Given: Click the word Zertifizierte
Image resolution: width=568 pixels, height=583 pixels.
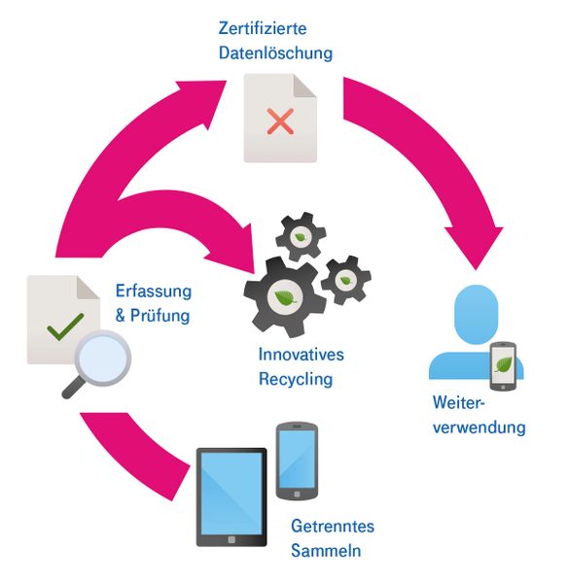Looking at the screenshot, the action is [x=263, y=28].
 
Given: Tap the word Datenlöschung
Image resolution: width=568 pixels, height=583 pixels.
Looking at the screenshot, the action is [x=275, y=52].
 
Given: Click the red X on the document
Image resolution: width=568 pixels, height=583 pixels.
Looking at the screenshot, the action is [x=280, y=121].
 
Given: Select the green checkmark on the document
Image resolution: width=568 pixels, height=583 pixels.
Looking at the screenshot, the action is [x=65, y=326].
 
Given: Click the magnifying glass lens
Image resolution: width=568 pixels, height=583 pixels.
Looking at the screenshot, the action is [x=103, y=358].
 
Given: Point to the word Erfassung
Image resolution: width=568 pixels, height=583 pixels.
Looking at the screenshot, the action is [x=154, y=291].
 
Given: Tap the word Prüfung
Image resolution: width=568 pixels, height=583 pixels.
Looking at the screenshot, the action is [x=160, y=316].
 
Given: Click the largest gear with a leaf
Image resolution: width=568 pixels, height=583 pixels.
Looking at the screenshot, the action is [x=285, y=297].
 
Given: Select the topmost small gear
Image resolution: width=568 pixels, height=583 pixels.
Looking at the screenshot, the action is [x=301, y=236].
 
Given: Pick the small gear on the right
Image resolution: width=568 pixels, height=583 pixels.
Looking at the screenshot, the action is [x=346, y=280].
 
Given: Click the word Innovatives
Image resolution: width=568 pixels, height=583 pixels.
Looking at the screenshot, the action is [x=302, y=355].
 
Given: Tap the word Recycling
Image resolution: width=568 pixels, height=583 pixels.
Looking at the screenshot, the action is [x=296, y=379].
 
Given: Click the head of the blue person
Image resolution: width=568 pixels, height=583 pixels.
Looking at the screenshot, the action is [x=476, y=314].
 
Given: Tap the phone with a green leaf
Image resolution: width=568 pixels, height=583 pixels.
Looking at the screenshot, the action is [x=503, y=366].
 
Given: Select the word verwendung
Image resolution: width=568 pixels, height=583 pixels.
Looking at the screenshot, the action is [x=479, y=428].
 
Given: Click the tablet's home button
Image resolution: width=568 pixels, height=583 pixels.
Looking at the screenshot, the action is [x=231, y=539].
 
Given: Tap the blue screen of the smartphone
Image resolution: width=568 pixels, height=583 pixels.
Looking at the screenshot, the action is [x=297, y=459].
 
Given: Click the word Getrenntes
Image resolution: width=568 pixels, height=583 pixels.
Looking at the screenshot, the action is [x=333, y=526].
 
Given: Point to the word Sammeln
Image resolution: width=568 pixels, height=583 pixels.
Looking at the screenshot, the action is [x=326, y=551].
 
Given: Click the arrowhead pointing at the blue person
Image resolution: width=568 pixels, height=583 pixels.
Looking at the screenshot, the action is [x=475, y=246].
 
